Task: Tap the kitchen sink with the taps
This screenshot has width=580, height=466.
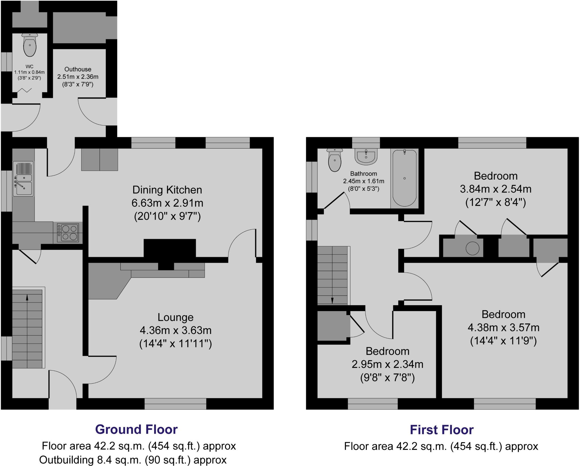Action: [x=23, y=179]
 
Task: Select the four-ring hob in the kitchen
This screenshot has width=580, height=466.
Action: [x=68, y=233]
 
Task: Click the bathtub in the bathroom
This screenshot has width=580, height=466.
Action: [x=404, y=178]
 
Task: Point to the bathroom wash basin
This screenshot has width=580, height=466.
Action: [x=366, y=157]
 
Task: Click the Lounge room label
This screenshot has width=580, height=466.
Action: [x=175, y=317]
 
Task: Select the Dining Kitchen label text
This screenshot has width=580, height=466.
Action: [x=167, y=190]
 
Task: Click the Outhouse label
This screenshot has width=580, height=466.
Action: [x=78, y=69]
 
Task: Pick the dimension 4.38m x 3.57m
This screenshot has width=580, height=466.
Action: [x=503, y=327]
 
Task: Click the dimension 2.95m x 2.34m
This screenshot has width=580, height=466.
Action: [x=387, y=364]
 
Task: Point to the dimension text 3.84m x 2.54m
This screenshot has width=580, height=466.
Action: [x=495, y=189]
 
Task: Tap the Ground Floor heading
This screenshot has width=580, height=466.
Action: [x=136, y=429]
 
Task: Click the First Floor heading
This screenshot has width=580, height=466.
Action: [x=442, y=430]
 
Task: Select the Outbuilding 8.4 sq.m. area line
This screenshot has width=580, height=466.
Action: [x=133, y=459]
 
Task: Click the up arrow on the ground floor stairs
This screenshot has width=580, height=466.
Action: [x=27, y=297]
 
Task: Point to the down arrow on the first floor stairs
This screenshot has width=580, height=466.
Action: [x=332, y=300]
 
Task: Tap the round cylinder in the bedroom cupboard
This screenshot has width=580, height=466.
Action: [x=472, y=248]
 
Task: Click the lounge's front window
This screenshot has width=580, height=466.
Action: [x=175, y=404]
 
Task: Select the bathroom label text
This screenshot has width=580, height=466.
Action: [x=364, y=174]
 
